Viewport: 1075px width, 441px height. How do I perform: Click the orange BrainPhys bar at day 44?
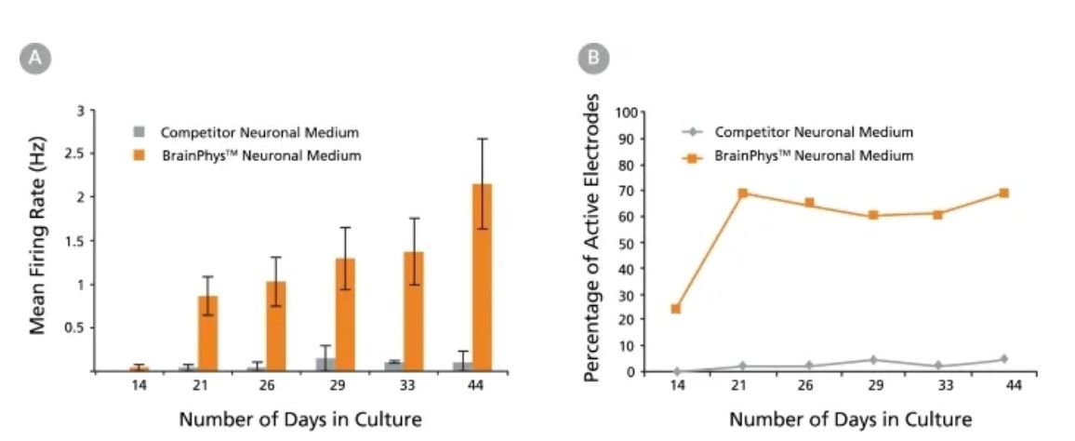tap(482, 279)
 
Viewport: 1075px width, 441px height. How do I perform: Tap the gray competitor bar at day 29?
tap(325, 365)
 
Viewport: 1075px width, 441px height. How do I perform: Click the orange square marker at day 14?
tap(676, 309)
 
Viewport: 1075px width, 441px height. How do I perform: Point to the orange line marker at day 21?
tap(742, 194)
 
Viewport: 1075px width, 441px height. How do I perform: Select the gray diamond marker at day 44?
tap(1003, 359)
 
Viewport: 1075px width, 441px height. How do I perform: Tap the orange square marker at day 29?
tap(873, 215)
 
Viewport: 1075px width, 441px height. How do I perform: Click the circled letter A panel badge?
tap(34, 59)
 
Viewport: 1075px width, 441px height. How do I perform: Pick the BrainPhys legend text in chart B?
tap(814, 155)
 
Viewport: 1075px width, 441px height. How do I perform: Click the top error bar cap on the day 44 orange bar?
tap(482, 139)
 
